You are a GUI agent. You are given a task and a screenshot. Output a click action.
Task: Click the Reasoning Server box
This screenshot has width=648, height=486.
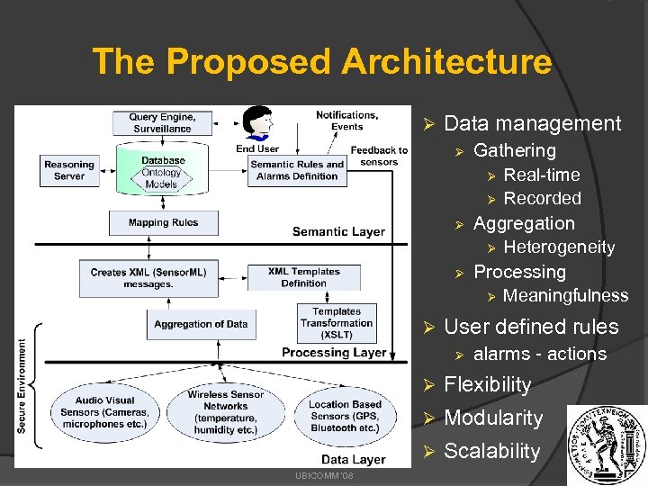69,170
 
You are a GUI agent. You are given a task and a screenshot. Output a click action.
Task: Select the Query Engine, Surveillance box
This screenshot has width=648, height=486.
162,122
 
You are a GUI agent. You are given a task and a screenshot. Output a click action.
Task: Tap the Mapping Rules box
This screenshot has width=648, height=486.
163,222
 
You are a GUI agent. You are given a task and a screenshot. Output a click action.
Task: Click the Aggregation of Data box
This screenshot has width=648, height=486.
201,323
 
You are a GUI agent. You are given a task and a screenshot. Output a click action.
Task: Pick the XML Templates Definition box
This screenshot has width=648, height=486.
303,277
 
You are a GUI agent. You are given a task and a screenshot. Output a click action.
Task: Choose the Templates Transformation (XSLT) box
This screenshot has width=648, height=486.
337,322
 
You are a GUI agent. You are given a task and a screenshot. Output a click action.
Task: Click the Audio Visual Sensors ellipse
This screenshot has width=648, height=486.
105,412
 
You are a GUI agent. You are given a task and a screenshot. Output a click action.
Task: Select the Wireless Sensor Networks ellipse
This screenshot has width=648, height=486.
225,412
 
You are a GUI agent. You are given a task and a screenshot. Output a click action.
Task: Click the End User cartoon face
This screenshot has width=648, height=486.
257,123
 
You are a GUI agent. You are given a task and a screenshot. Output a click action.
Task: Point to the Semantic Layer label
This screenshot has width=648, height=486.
338,231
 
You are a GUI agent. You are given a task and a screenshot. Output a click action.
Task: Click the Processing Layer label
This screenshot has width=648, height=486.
334,352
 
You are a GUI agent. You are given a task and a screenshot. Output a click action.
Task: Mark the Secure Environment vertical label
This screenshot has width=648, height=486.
22,385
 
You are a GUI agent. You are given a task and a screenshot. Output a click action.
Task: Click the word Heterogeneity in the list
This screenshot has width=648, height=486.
559,247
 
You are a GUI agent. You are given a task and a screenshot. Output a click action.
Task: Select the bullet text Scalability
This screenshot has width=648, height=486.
491,451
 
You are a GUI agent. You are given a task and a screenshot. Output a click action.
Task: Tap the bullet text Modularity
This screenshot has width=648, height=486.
493,418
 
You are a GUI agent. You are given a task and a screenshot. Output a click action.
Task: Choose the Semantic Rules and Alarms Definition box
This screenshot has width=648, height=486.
297,170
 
